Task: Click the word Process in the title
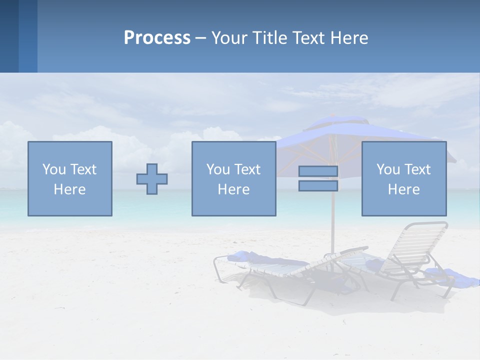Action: pos(157,38)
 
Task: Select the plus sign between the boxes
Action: pos(152,179)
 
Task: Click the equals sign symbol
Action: pos(318,178)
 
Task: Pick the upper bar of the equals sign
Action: pos(318,171)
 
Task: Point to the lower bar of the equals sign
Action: pos(318,186)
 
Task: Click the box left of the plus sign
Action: pos(70,178)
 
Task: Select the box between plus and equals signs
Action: pos(233,178)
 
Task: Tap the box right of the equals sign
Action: pos(404,178)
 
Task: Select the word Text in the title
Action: pos(310,38)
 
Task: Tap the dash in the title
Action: pos(200,38)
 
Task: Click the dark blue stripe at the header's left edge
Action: pos(9,36)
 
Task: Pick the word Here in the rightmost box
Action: pos(404,189)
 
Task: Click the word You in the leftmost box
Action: pos(54,169)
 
